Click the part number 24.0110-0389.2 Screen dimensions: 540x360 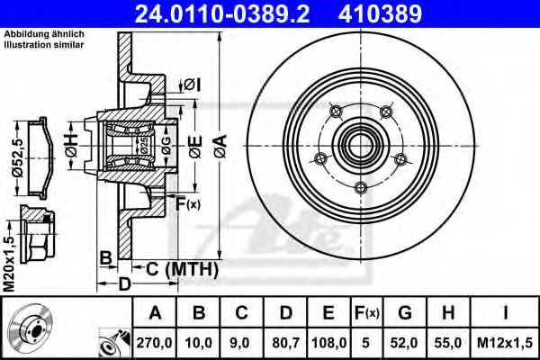[222, 13]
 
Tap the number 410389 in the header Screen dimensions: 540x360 [380, 13]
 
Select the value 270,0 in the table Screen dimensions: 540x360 [154, 343]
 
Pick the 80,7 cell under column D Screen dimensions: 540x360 [286, 343]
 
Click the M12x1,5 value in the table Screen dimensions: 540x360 [505, 343]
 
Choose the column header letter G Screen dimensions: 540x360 [405, 313]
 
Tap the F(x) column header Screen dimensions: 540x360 [367, 313]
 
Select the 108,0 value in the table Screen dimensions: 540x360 [328, 343]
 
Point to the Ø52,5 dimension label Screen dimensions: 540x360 [17, 157]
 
